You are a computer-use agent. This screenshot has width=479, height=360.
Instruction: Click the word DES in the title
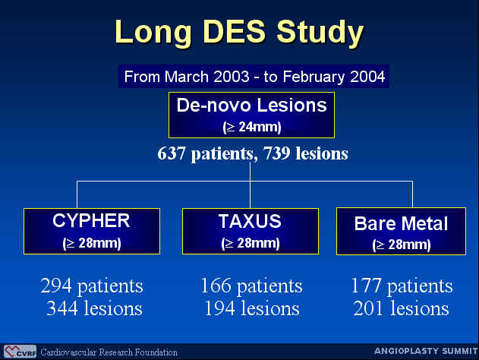click(235, 31)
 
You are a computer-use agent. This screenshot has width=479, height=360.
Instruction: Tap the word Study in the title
click(320, 33)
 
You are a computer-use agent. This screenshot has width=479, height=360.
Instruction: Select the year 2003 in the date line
click(232, 77)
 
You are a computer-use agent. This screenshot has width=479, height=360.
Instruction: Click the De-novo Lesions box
click(251, 115)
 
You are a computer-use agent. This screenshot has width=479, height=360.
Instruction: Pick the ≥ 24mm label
click(252, 127)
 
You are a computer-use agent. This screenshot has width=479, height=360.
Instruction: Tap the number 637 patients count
click(172, 153)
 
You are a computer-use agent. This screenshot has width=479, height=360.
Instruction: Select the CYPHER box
click(92, 231)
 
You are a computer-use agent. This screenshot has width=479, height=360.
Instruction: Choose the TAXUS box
click(251, 231)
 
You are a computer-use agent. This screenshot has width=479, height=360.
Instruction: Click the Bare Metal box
click(401, 232)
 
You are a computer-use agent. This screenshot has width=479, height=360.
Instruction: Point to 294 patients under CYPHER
click(92, 286)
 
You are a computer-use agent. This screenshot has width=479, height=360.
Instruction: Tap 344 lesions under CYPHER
click(94, 308)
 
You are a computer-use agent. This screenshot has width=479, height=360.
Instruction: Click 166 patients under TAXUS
click(251, 286)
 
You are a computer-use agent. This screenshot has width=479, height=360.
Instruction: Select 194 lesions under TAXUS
click(252, 308)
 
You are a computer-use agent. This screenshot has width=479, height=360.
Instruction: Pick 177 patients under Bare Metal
click(402, 286)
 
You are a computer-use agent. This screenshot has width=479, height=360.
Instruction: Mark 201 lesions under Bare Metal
click(401, 308)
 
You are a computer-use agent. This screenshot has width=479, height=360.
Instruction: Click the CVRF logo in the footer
click(20, 352)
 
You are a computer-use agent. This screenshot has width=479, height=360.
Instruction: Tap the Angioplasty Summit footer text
click(426, 351)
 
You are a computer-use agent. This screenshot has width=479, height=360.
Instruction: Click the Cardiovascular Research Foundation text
click(109, 352)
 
